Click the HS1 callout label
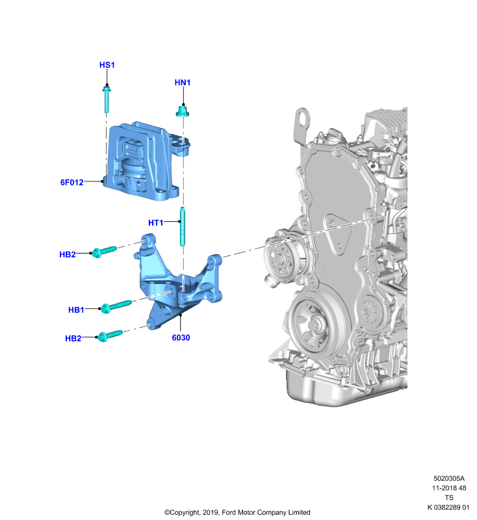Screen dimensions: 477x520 tap(107, 64)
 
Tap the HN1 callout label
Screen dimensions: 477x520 tap(183, 83)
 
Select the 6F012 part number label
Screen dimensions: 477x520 tap(72, 182)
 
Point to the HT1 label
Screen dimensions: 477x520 tap(156, 222)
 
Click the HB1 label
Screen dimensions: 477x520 tap(76, 310)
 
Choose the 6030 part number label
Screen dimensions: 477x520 tap(181, 337)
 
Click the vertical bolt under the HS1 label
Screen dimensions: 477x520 tap(107, 99)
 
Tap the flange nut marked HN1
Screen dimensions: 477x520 tap(183, 111)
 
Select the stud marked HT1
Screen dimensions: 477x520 tap(183, 226)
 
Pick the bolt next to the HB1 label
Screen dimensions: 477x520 tap(116, 306)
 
